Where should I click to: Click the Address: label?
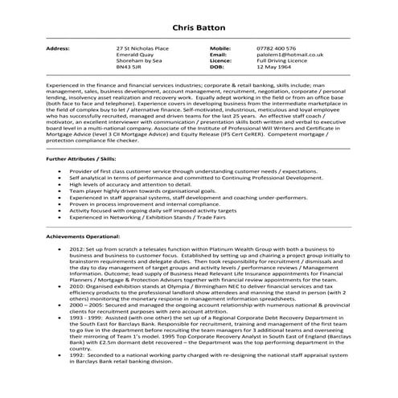tap(58, 48)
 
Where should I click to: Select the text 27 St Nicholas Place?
tap(141, 48)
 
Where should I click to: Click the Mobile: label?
tap(220, 48)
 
